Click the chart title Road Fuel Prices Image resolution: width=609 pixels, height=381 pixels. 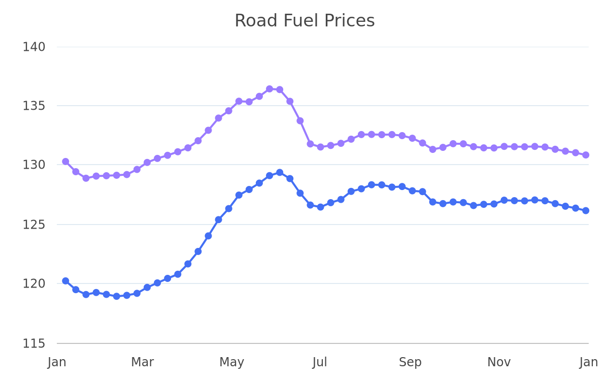(304, 21)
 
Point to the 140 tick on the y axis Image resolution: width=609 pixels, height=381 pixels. (33, 47)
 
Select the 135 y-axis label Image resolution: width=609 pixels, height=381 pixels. (33, 106)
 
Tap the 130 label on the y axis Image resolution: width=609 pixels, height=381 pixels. (33, 165)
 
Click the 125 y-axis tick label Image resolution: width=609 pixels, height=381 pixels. (33, 225)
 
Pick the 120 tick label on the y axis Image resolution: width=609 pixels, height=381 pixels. (33, 284)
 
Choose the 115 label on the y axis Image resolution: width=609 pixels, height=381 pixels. (33, 344)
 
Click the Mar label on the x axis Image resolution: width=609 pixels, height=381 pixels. (143, 362)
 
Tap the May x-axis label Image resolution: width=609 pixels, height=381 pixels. (231, 363)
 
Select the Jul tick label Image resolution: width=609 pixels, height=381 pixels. (320, 362)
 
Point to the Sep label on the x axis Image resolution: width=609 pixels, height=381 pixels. (410, 363)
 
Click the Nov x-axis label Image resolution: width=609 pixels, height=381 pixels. (499, 362)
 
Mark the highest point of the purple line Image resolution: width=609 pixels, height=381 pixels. (269, 89)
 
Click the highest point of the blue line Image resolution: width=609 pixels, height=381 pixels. (280, 173)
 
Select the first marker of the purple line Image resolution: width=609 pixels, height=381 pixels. (65, 162)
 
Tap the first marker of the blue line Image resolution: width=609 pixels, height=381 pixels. (65, 281)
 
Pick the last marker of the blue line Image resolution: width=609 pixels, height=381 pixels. (586, 211)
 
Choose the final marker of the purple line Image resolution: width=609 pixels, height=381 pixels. (586, 155)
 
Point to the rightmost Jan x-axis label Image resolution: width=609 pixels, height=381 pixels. (589, 362)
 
